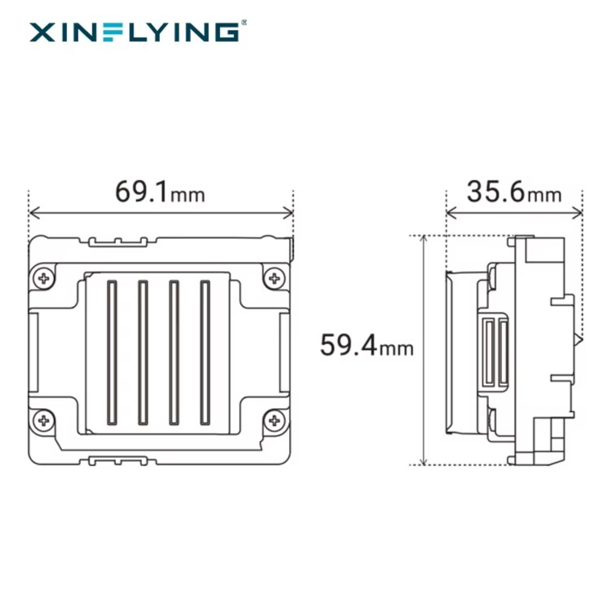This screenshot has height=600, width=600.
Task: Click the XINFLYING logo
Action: click(x=134, y=32)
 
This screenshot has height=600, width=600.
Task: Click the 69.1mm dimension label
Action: click(x=160, y=192)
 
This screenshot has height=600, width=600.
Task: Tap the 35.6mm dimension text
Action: click(x=513, y=192)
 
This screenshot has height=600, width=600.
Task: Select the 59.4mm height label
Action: click(x=366, y=345)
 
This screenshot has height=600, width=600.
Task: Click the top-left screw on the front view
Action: click(x=44, y=277)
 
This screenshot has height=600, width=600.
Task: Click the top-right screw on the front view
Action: click(x=273, y=277)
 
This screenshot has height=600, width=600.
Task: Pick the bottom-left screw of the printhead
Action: click(x=44, y=419)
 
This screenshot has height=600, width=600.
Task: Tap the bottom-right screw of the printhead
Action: click(x=273, y=419)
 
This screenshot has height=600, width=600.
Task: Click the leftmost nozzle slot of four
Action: click(x=112, y=352)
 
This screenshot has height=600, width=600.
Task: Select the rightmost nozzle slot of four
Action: click(x=205, y=352)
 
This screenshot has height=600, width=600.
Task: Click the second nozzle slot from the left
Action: click(x=143, y=352)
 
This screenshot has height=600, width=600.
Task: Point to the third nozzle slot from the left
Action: click(x=174, y=352)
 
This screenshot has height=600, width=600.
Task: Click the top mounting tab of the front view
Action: click(x=118, y=242)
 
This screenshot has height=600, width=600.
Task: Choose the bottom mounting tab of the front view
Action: click(x=118, y=460)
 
